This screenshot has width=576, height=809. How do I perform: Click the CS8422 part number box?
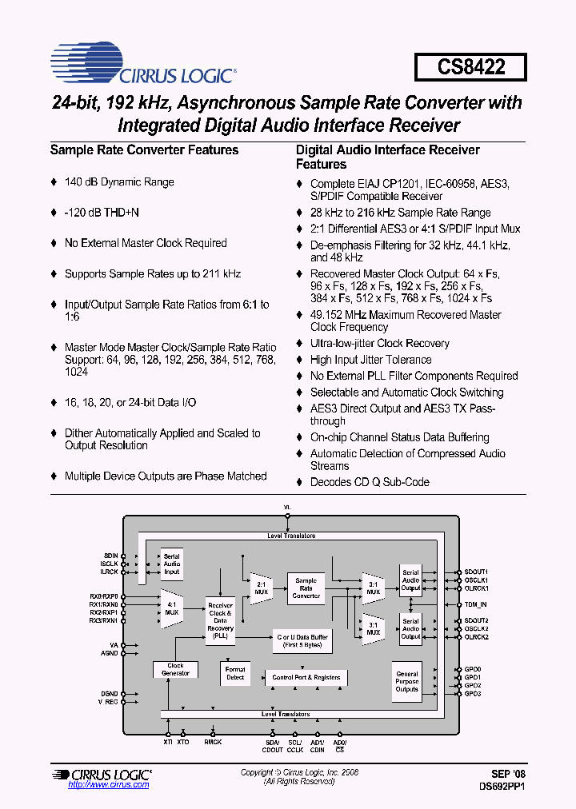point(470,66)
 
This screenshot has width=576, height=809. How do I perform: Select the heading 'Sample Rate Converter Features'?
point(144,149)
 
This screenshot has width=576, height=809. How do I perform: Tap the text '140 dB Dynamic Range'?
point(118,182)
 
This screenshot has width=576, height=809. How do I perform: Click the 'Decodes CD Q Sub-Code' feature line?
point(370,482)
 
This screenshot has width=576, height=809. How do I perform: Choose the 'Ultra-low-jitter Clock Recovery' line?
point(379,344)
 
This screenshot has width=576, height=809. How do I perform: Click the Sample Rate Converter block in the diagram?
point(306,588)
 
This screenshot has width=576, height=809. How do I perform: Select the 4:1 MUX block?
point(172,608)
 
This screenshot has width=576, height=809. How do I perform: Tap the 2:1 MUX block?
point(261,588)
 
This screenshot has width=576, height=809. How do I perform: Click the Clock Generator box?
point(175,669)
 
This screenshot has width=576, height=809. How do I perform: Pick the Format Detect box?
point(235,673)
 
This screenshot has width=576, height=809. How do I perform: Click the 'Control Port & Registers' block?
point(306,677)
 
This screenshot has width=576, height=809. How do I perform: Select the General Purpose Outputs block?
point(406,682)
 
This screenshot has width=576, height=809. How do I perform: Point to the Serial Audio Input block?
point(171,564)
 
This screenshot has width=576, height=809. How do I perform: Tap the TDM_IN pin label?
point(476,604)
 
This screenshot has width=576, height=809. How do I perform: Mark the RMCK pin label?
point(214,742)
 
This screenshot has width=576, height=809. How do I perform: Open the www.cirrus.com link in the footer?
point(109,785)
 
